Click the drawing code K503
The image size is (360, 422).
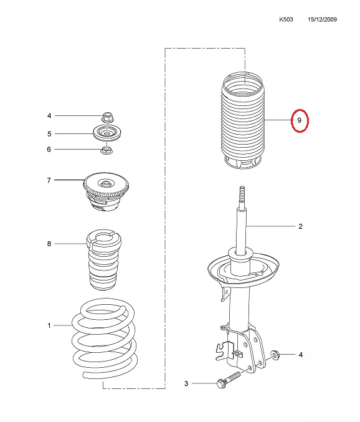286,19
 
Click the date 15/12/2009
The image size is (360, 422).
323,19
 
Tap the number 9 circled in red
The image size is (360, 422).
300,120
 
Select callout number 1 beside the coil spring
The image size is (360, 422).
49,325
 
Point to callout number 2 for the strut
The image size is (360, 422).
300,226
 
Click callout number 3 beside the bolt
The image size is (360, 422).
186,383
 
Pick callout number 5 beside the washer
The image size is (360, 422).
49,134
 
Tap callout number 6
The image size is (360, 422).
49,149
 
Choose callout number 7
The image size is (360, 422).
49,180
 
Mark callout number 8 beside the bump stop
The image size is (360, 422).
49,244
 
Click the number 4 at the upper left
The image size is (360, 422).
49,116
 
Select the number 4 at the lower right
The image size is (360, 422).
301,355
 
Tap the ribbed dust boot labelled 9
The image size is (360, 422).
242,120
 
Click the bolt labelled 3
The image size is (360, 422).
229,380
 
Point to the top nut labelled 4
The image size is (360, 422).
107,117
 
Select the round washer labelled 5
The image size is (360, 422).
107,133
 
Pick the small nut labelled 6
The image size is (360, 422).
107,150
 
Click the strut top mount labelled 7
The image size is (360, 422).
106,191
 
